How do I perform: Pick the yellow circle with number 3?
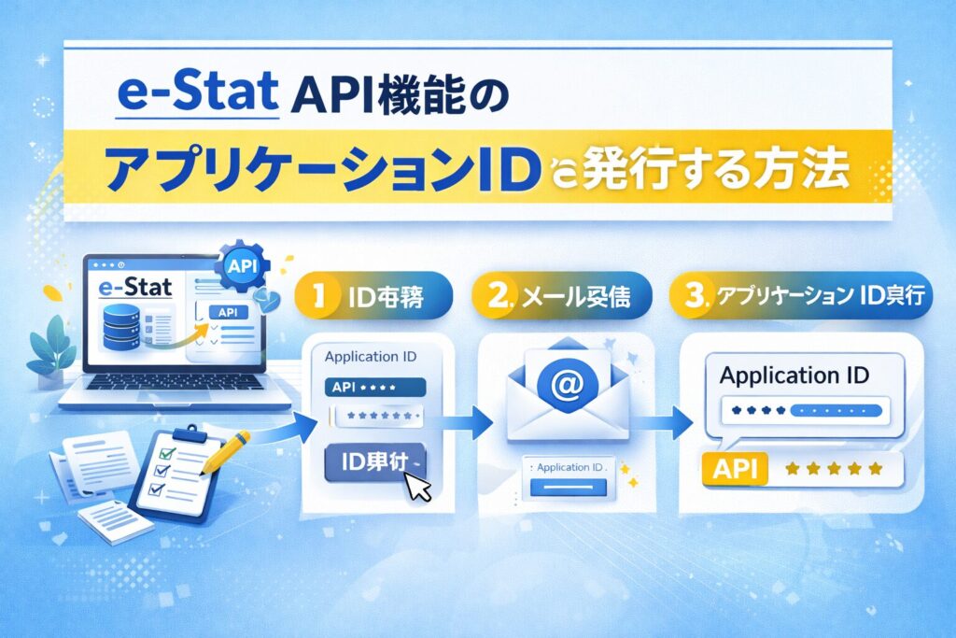coord(692,298)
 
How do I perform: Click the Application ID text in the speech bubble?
coord(794,376)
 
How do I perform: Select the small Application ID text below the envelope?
coord(567,465)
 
